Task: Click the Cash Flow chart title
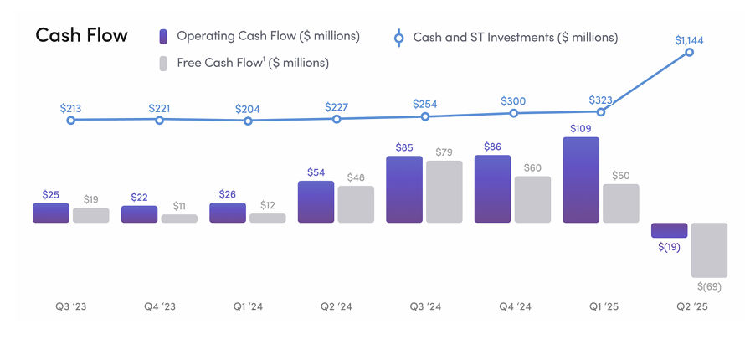pos(81,35)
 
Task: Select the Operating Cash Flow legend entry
pos(259,36)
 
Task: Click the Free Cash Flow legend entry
pos(243,63)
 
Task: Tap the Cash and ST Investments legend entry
pos(506,38)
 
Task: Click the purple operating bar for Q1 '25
pos(581,180)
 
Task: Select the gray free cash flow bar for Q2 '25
pos(708,249)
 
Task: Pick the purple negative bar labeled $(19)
pos(669,230)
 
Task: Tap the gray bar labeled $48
pos(356,204)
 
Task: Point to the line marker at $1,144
pos(690,52)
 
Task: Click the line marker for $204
pos(248,121)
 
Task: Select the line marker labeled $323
pos(600,111)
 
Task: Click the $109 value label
pos(581,129)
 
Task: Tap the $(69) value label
pos(707,286)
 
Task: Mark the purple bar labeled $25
pos(51,213)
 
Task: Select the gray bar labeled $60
pos(532,199)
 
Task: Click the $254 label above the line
pos(425,104)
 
